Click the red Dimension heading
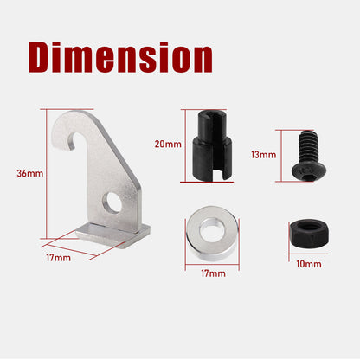pos(120,57)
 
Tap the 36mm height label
pos(30,174)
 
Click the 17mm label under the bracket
pos(59,258)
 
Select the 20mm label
pos(168,144)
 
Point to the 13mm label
pos(263,155)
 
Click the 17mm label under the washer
pos(213,273)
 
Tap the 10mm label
pos(309,264)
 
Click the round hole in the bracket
pos(112,203)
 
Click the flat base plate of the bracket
pos(113,235)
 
